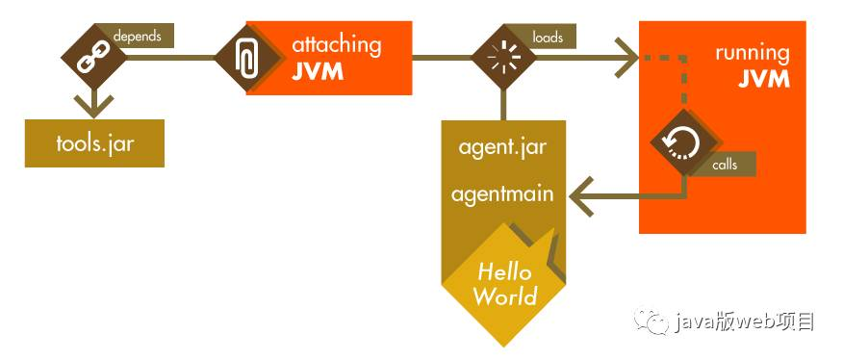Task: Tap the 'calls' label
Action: tap(725, 165)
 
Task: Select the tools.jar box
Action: tap(94, 143)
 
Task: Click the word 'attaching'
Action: tap(336, 44)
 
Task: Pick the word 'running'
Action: tap(752, 53)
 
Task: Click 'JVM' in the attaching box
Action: tap(317, 72)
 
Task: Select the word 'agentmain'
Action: tap(502, 193)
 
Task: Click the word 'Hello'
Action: tap(504, 270)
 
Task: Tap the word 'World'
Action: tap(505, 296)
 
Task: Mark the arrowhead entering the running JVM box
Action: tap(627, 57)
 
